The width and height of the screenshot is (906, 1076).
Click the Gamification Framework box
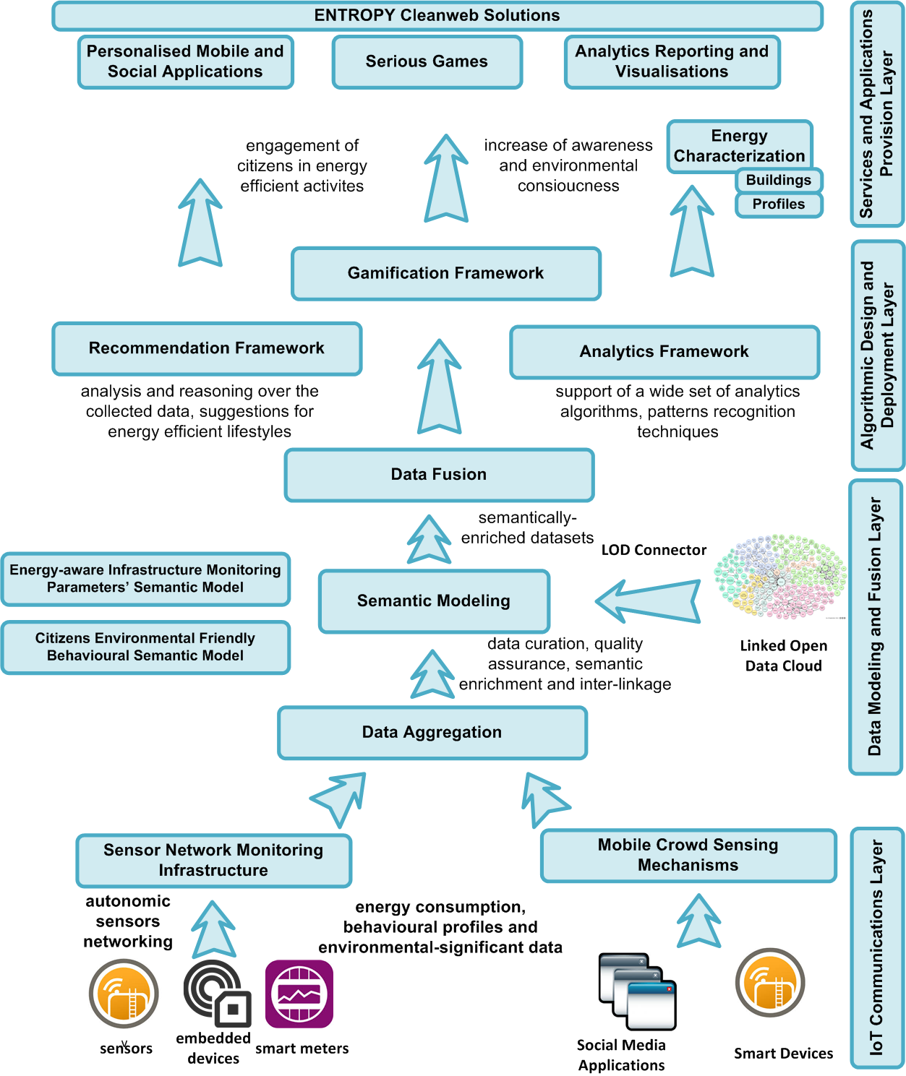pos(446,274)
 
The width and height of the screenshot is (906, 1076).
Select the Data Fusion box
pos(439,475)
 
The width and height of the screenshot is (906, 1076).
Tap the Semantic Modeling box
pos(434,601)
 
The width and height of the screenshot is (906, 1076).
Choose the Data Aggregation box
pos(432,733)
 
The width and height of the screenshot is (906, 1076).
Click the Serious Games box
pos(427,62)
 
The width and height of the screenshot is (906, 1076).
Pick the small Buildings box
pos(779,180)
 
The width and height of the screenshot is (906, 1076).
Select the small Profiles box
pos(779,205)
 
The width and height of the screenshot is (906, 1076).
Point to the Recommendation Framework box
pos(207,348)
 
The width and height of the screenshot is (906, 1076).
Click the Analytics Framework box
pos(664,352)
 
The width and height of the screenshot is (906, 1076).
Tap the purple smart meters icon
pos(299,994)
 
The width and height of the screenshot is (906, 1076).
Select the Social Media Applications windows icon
pos(637,991)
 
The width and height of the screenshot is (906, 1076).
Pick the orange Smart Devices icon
pos(770,983)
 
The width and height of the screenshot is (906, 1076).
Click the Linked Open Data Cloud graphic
pos(781,577)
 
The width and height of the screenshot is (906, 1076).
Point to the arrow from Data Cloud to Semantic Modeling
pos(648,601)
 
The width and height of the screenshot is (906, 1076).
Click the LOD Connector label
pos(654,550)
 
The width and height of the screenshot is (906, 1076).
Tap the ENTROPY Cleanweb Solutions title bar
pos(437,16)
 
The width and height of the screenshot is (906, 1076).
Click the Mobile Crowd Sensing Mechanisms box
pos(688,856)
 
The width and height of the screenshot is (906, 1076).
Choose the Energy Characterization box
pos(739,146)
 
